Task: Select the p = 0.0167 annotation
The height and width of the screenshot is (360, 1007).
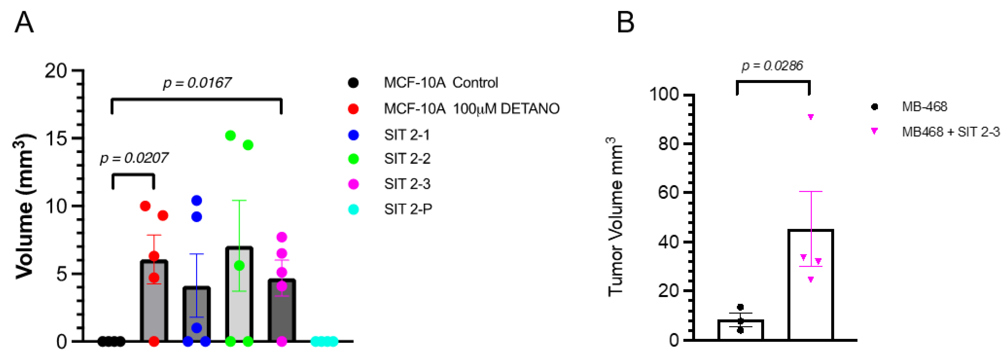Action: pos(197,83)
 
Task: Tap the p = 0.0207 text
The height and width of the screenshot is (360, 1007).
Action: pos(134,158)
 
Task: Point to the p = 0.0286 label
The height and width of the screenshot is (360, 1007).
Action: pos(772,66)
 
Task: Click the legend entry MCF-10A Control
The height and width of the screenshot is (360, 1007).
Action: pos(441,83)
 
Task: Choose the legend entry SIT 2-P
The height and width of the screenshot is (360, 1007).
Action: pos(408,210)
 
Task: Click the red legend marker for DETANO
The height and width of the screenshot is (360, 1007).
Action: pos(353,109)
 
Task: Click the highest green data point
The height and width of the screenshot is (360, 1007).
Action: pos(231,136)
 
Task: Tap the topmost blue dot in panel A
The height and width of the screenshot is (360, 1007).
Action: pos(197,200)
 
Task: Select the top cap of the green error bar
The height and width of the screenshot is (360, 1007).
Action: pos(239,200)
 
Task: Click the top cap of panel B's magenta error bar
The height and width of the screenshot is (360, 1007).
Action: pos(811,191)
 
